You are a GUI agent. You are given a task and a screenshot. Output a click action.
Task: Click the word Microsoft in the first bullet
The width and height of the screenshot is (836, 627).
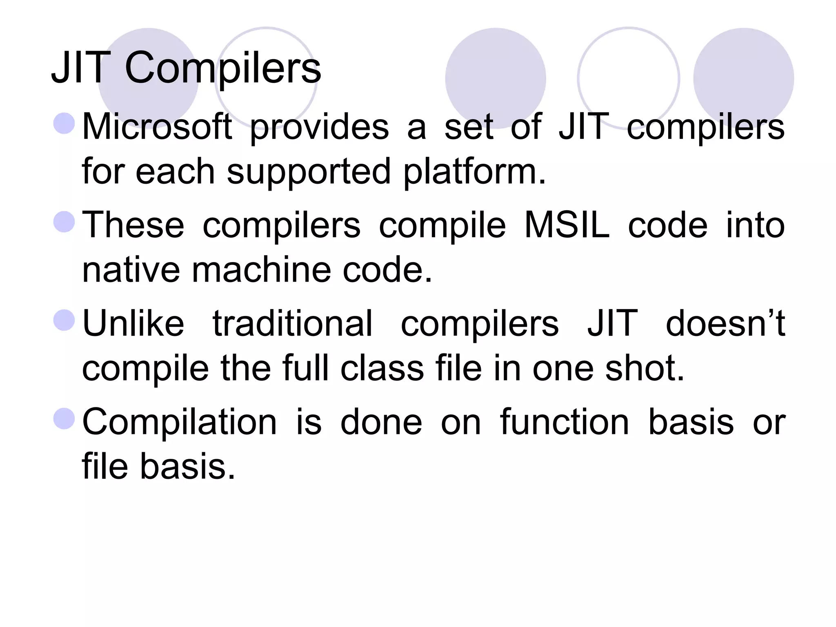[157, 127]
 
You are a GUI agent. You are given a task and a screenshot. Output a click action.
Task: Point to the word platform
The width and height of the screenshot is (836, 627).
[474, 172]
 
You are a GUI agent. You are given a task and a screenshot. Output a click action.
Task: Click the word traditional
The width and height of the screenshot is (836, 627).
[292, 323]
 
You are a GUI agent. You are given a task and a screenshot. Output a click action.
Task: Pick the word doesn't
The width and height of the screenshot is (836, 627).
[725, 323]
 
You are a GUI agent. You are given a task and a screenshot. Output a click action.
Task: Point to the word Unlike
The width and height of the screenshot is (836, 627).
[133, 323]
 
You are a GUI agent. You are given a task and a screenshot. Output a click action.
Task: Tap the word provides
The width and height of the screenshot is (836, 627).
[319, 127]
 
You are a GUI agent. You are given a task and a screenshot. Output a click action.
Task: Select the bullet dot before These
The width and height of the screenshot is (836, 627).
[64, 222]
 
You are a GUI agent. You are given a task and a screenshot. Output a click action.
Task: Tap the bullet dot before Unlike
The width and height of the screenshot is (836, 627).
[64, 320]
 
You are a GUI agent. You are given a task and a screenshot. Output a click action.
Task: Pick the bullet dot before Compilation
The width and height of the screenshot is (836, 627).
[64, 418]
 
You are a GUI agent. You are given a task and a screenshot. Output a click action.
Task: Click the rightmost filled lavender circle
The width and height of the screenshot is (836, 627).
[743, 78]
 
